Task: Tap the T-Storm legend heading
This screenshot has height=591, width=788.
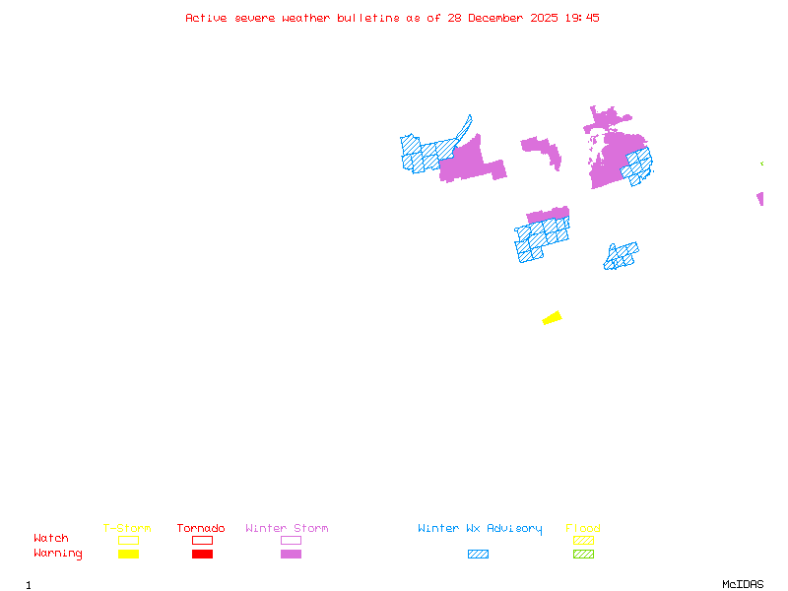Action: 127,529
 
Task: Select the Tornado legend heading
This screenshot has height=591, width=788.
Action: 201,529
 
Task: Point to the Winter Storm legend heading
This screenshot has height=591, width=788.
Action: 287,529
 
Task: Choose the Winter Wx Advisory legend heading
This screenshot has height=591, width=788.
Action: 480,529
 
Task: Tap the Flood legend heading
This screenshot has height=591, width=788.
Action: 583,529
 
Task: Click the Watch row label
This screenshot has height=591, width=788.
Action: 51,539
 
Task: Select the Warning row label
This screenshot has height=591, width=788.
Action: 58,554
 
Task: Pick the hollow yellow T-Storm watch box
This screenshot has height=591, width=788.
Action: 128,540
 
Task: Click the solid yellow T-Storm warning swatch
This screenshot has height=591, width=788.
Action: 128,555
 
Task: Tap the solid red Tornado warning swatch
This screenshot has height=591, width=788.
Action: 202,555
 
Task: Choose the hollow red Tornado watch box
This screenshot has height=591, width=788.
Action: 202,540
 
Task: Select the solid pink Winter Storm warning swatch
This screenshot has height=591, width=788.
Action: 291,555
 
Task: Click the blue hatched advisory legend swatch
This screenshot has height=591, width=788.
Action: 478,555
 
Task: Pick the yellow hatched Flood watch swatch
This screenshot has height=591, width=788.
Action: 583,540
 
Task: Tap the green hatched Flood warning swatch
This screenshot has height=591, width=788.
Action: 583,555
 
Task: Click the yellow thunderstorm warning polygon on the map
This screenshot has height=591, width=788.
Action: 553,317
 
